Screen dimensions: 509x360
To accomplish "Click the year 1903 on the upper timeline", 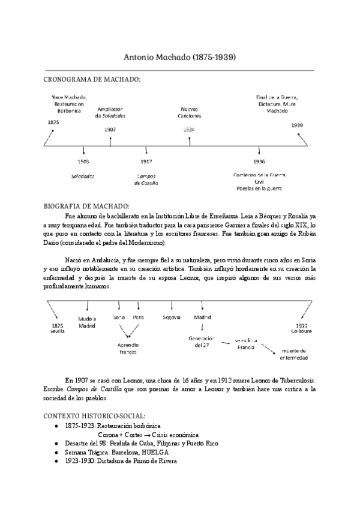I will pyautogui.click(x=83, y=162).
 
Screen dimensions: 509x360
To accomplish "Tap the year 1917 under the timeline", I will pyautogui.click(x=146, y=162).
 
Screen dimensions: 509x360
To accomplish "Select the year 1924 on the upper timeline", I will pyautogui.click(x=189, y=129).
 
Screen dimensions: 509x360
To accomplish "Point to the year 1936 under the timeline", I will pyautogui.click(x=259, y=162).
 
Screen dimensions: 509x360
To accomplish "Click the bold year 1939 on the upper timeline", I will pyautogui.click(x=298, y=125).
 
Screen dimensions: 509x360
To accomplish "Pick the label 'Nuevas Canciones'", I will pyautogui.click(x=190, y=112).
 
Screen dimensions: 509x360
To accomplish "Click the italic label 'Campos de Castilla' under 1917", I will pyautogui.click(x=146, y=179).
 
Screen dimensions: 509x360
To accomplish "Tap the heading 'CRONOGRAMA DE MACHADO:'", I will pyautogui.click(x=92, y=79).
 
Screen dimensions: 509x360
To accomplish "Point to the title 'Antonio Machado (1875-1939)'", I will pyautogui.click(x=179, y=58).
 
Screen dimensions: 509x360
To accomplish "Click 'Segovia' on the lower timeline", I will pyautogui.click(x=172, y=318).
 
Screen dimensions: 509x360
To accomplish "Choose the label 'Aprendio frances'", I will pyautogui.click(x=128, y=349).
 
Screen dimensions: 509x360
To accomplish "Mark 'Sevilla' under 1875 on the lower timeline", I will pyautogui.click(x=58, y=331).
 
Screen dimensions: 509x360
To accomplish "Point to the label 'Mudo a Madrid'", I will pyautogui.click(x=87, y=322).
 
